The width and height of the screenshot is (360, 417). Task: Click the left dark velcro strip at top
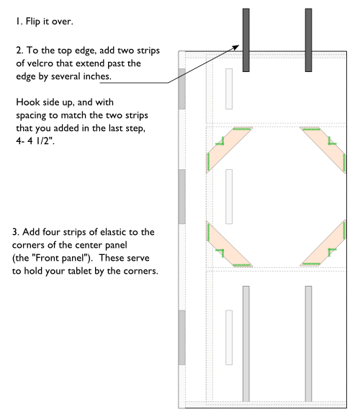pyautogui.click(x=246, y=40)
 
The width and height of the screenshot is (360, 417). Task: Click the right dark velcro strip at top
pyautogui.click(x=308, y=40)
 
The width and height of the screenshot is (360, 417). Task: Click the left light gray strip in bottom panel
pyautogui.click(x=246, y=343)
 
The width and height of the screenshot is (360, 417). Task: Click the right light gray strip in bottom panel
pyautogui.click(x=308, y=343)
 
